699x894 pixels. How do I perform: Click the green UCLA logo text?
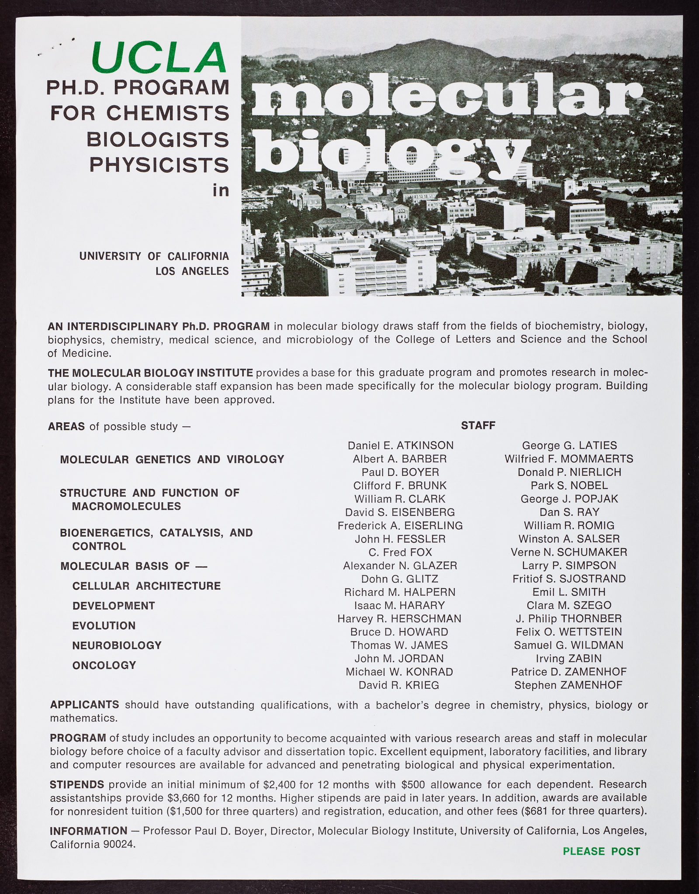coord(159,58)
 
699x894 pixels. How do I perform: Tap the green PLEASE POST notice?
coord(601,851)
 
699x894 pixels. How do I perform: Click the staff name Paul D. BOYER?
coord(400,472)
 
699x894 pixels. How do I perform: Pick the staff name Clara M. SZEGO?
coord(569,605)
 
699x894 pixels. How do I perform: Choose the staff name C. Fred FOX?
coord(400,552)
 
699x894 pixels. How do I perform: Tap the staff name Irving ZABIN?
coord(569,658)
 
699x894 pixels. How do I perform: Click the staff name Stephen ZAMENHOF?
coord(568,685)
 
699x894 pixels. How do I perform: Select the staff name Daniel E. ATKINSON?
coord(400,445)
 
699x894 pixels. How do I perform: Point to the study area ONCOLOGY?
coord(104,665)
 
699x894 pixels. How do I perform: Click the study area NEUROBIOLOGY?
coord(117,645)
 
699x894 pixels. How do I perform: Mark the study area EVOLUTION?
coord(104,625)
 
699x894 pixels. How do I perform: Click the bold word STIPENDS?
coord(77,784)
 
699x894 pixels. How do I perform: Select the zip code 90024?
coord(119,845)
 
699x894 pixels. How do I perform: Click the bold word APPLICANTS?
coord(84,704)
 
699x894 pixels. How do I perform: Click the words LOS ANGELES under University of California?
coord(192,271)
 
